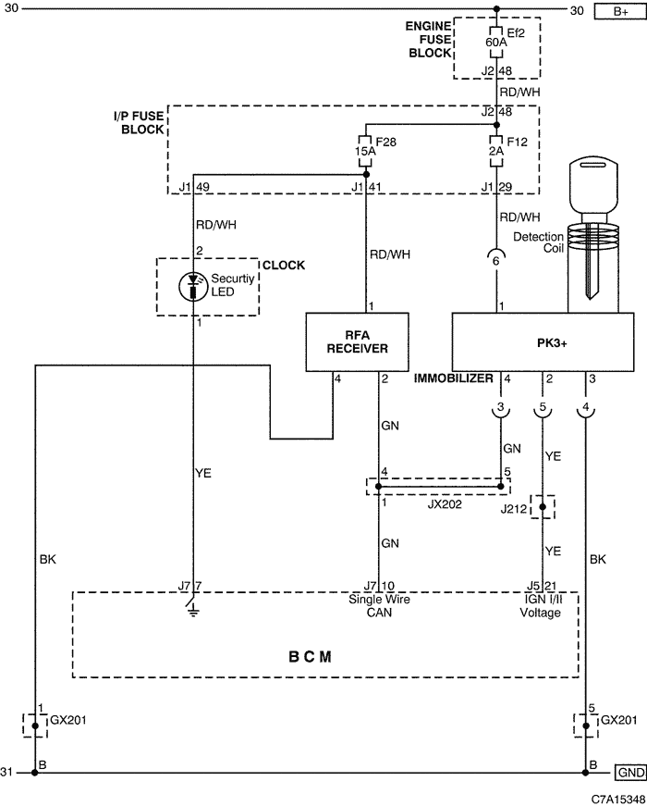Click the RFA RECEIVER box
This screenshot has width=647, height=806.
click(x=358, y=341)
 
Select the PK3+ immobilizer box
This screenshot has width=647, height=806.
click(x=543, y=341)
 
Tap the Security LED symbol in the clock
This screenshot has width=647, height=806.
click(x=193, y=287)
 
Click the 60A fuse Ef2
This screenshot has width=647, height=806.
click(x=496, y=42)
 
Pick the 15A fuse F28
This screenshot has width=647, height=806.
click(x=365, y=151)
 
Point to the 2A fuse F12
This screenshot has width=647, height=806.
click(x=496, y=151)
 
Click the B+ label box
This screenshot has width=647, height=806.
click(x=620, y=11)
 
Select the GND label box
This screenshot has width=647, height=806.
click(x=630, y=772)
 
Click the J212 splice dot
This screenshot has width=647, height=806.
click(x=543, y=507)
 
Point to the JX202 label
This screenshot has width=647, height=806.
click(x=445, y=504)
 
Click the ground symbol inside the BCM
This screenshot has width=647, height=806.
click(x=193, y=609)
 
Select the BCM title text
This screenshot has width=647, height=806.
click(x=311, y=657)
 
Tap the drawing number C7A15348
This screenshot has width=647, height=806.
click(x=618, y=799)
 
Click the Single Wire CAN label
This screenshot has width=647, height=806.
click(x=380, y=606)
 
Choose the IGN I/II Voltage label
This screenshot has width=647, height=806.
click(x=541, y=606)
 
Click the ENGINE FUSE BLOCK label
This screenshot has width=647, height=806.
click(x=428, y=40)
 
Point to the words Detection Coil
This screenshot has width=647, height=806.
click(x=539, y=242)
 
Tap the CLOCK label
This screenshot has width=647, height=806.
click(x=284, y=266)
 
